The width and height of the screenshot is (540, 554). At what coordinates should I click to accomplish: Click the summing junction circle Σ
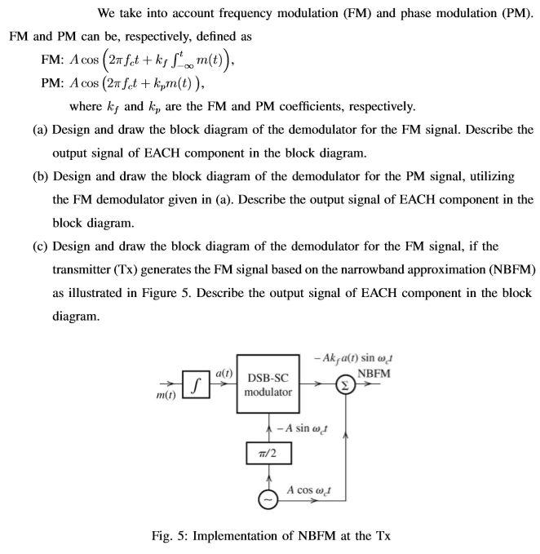point(346,384)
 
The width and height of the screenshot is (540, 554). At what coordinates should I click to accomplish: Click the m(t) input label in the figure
point(166,396)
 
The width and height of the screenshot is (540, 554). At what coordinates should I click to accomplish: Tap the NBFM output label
point(374,374)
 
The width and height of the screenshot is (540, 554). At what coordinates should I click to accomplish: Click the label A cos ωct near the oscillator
point(317,490)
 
